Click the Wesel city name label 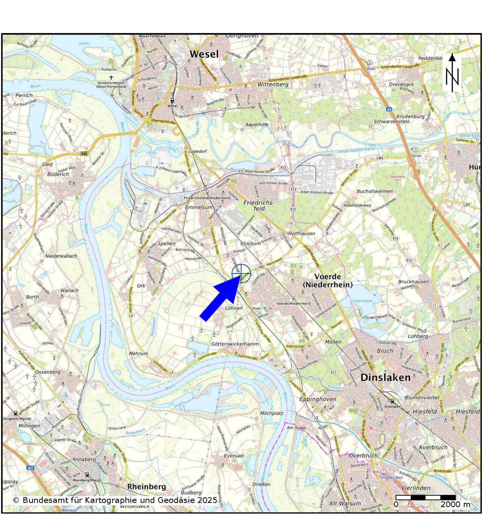click(x=204, y=54)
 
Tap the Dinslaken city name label click(x=385, y=377)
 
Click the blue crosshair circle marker click(x=241, y=273)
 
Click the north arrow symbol click(x=452, y=73)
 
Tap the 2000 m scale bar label click(x=455, y=504)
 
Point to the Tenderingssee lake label click(x=362, y=301)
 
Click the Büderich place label click(x=58, y=174)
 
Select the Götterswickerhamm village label click(x=235, y=344)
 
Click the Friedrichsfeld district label click(x=258, y=206)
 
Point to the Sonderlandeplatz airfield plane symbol click(x=111, y=77)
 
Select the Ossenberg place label click(x=48, y=372)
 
